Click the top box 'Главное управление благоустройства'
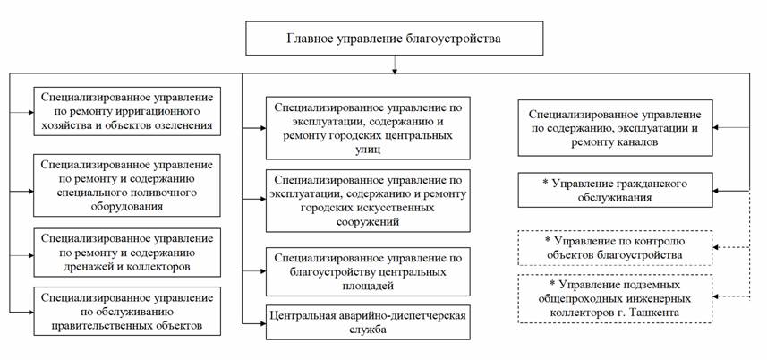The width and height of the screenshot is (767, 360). coord(394,39)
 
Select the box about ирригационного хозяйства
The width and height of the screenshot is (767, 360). coord(127,111)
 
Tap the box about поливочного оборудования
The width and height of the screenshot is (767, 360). coord(127,185)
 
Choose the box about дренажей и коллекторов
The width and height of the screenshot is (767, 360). coord(127,253)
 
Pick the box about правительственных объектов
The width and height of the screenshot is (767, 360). coord(127,311)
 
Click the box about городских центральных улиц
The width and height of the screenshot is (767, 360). coord(368,128)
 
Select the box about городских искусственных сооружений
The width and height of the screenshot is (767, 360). coord(368,201)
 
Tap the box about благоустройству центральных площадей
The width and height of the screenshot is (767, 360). coord(368,271)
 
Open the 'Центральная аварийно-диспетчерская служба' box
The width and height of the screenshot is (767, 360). coord(368,322)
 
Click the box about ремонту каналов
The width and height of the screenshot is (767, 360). coord(616,128)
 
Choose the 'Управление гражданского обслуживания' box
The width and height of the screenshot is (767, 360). coord(616,190)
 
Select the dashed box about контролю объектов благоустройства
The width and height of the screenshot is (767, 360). coord(616,248)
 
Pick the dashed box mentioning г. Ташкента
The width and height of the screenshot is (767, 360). coord(616,298)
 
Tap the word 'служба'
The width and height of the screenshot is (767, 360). coord(368,330)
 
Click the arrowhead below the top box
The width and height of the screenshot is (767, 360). coord(395,71)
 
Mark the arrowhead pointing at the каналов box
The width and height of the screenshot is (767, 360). coord(716,128)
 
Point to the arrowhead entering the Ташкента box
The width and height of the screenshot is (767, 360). coord(716,296)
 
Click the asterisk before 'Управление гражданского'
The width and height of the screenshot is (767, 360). coord(545,184)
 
